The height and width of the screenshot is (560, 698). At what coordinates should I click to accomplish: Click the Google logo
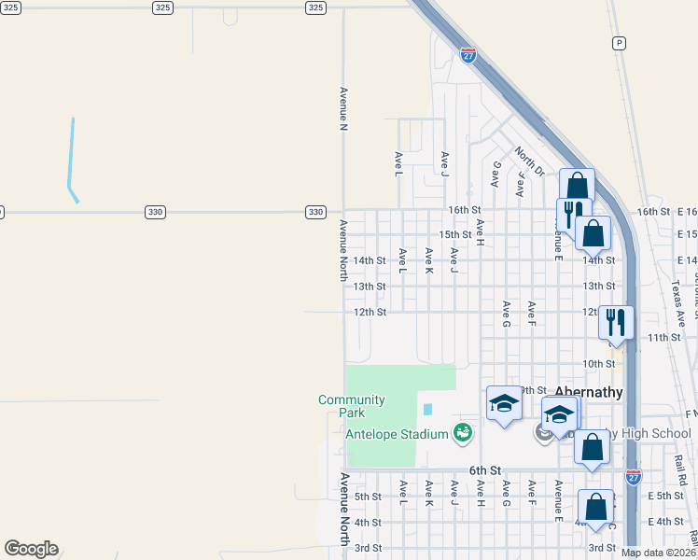[31, 549]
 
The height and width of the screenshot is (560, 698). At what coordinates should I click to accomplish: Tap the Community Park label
[352, 406]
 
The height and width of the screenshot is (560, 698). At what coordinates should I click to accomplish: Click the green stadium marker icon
[462, 432]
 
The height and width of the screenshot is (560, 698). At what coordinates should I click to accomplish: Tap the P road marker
[618, 43]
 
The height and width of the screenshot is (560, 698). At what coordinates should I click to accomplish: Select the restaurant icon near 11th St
[616, 323]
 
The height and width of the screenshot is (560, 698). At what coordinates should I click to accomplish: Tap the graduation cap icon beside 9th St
[504, 403]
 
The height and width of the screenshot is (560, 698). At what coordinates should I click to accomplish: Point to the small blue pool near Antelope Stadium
[428, 409]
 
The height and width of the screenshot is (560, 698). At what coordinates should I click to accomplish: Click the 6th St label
[485, 470]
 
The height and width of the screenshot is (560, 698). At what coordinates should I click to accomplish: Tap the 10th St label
[598, 363]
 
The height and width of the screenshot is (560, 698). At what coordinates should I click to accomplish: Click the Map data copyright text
[658, 553]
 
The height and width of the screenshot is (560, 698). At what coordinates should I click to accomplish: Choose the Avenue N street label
[343, 109]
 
